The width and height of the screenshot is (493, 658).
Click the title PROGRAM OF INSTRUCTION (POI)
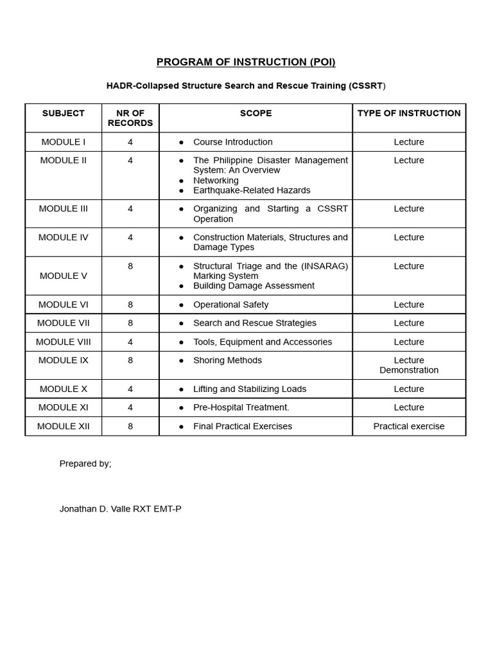246,62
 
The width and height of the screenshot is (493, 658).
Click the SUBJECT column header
63,113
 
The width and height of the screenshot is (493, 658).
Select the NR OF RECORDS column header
130,118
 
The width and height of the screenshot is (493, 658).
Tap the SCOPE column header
255,113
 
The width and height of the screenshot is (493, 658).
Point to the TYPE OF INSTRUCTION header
409,113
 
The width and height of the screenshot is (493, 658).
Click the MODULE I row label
63,142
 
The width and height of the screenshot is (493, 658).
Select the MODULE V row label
63,276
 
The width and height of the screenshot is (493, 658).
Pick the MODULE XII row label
63,426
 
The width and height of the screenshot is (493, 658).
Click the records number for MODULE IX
130,360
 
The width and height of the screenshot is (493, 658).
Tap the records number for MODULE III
130,209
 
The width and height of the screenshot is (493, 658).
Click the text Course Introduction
232,142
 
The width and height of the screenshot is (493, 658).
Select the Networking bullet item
216,181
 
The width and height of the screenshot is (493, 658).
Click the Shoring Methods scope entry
227,360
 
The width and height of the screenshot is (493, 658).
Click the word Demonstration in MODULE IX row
409,370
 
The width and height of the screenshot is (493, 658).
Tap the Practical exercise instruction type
409,426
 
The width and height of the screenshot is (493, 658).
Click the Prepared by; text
85,463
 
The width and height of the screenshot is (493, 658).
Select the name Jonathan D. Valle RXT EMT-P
120,509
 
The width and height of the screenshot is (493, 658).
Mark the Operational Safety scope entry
230,305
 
